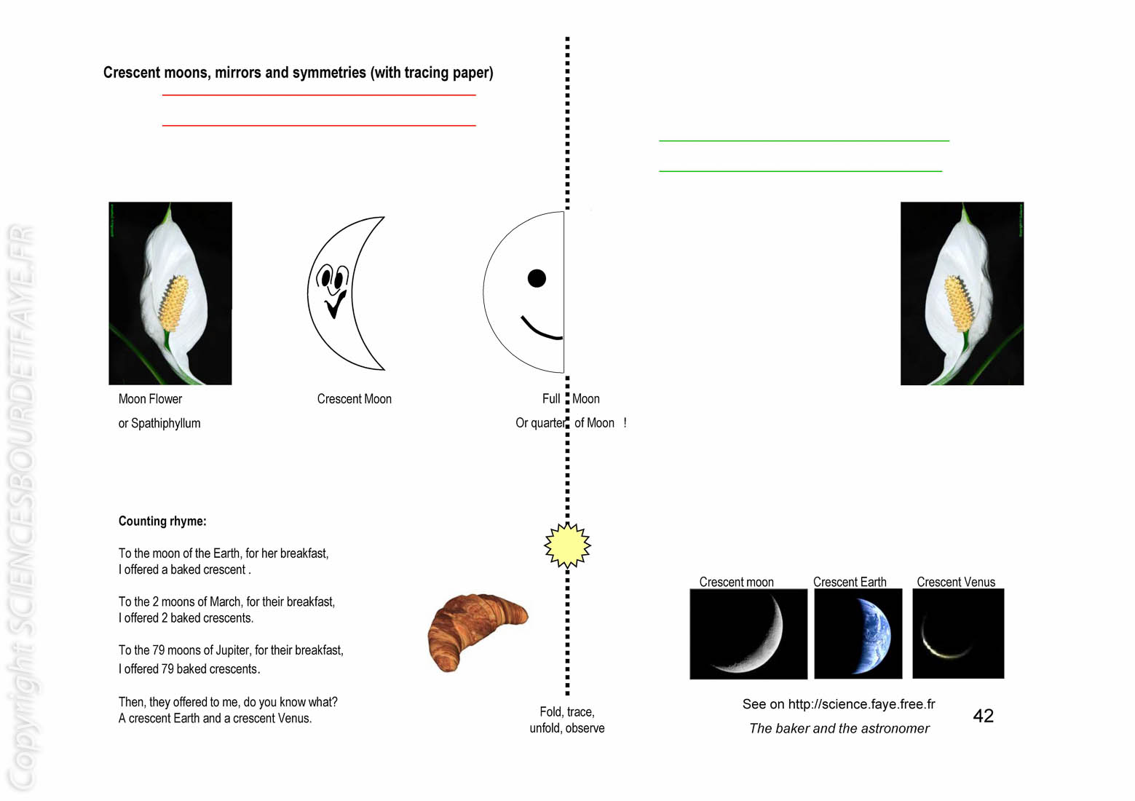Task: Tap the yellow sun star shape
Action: click(x=567, y=545)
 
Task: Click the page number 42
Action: click(x=983, y=715)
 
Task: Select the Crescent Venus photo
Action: click(x=957, y=634)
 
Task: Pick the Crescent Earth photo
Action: click(x=858, y=634)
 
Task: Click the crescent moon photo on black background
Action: click(x=748, y=634)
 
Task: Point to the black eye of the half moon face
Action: click(x=537, y=278)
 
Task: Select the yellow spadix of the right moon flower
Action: click(x=959, y=303)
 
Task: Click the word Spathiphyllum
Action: click(x=166, y=424)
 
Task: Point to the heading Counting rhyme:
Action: click(x=162, y=521)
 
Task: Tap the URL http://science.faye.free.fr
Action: click(x=861, y=703)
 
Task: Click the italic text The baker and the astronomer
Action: click(x=839, y=728)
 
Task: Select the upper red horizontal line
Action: click(x=319, y=95)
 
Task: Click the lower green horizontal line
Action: click(x=801, y=171)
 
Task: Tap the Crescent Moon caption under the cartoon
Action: click(x=354, y=399)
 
